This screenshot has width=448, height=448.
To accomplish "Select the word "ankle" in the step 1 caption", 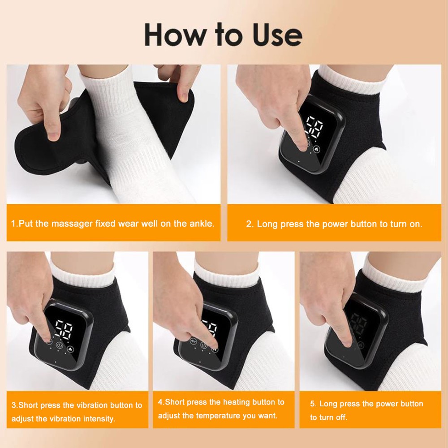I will [201, 223].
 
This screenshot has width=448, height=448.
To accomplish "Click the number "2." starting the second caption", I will [250, 224].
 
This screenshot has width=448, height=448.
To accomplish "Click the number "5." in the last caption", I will [314, 404].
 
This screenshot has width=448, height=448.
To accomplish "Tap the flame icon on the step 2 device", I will [317, 149].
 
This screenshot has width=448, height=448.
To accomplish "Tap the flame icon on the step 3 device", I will [71, 348].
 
